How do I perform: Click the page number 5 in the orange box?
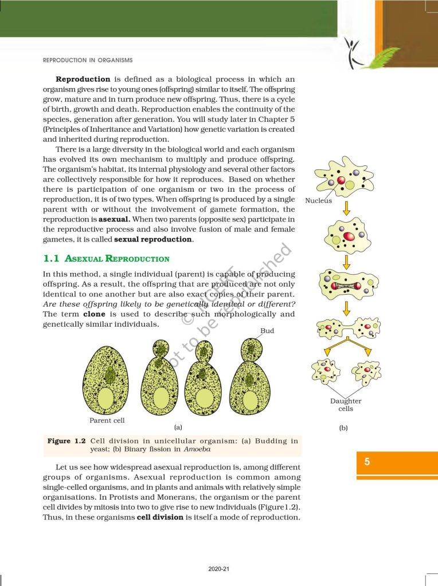(x=367, y=462)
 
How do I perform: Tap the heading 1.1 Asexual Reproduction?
(x=106, y=259)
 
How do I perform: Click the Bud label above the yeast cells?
(x=267, y=331)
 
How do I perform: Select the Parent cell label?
(x=107, y=420)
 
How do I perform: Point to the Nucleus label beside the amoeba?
(x=318, y=201)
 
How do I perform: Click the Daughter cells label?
(x=346, y=405)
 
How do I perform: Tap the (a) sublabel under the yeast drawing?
(x=178, y=427)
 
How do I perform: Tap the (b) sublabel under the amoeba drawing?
(x=343, y=427)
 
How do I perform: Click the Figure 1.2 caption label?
(x=67, y=441)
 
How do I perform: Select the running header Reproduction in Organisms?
(x=88, y=60)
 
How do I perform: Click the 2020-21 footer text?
(x=219, y=569)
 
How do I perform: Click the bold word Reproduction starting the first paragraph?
(x=83, y=79)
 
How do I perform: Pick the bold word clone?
(x=94, y=314)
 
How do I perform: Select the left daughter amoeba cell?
(x=325, y=373)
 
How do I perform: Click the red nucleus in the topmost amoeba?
(x=341, y=181)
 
